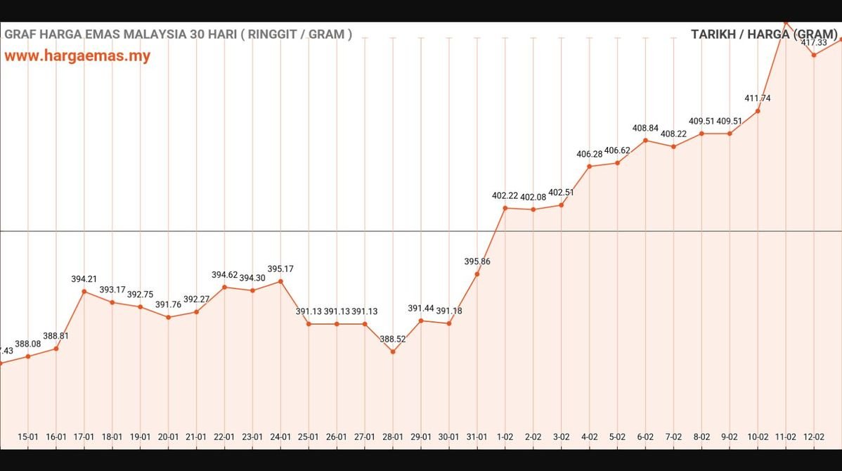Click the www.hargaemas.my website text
tap(77, 56)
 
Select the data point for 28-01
tap(393, 351)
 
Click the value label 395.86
tap(477, 262)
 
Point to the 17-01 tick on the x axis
tap(84, 437)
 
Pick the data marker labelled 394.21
tap(84, 291)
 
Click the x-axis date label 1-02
tap(505, 437)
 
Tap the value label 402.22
tap(505, 196)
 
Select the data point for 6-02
tap(645, 141)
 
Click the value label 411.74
tap(758, 98)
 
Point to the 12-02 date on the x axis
tap(813, 437)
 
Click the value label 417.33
tap(814, 42)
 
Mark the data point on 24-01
tap(280, 281)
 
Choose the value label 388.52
tap(393, 339)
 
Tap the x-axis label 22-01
tap(224, 437)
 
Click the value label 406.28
tap(589, 154)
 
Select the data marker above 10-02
tap(758, 111)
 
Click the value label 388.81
tap(56, 336)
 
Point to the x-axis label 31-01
tap(477, 437)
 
